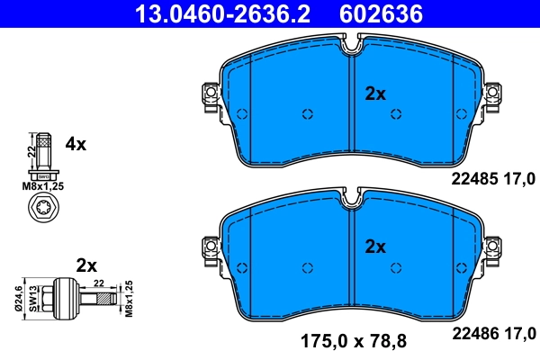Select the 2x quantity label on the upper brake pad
374,93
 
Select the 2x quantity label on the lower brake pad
374,246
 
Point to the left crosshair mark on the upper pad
308,113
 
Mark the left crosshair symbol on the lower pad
308,266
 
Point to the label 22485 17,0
492,179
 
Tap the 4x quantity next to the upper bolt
76,144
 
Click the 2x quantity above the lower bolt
86,265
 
